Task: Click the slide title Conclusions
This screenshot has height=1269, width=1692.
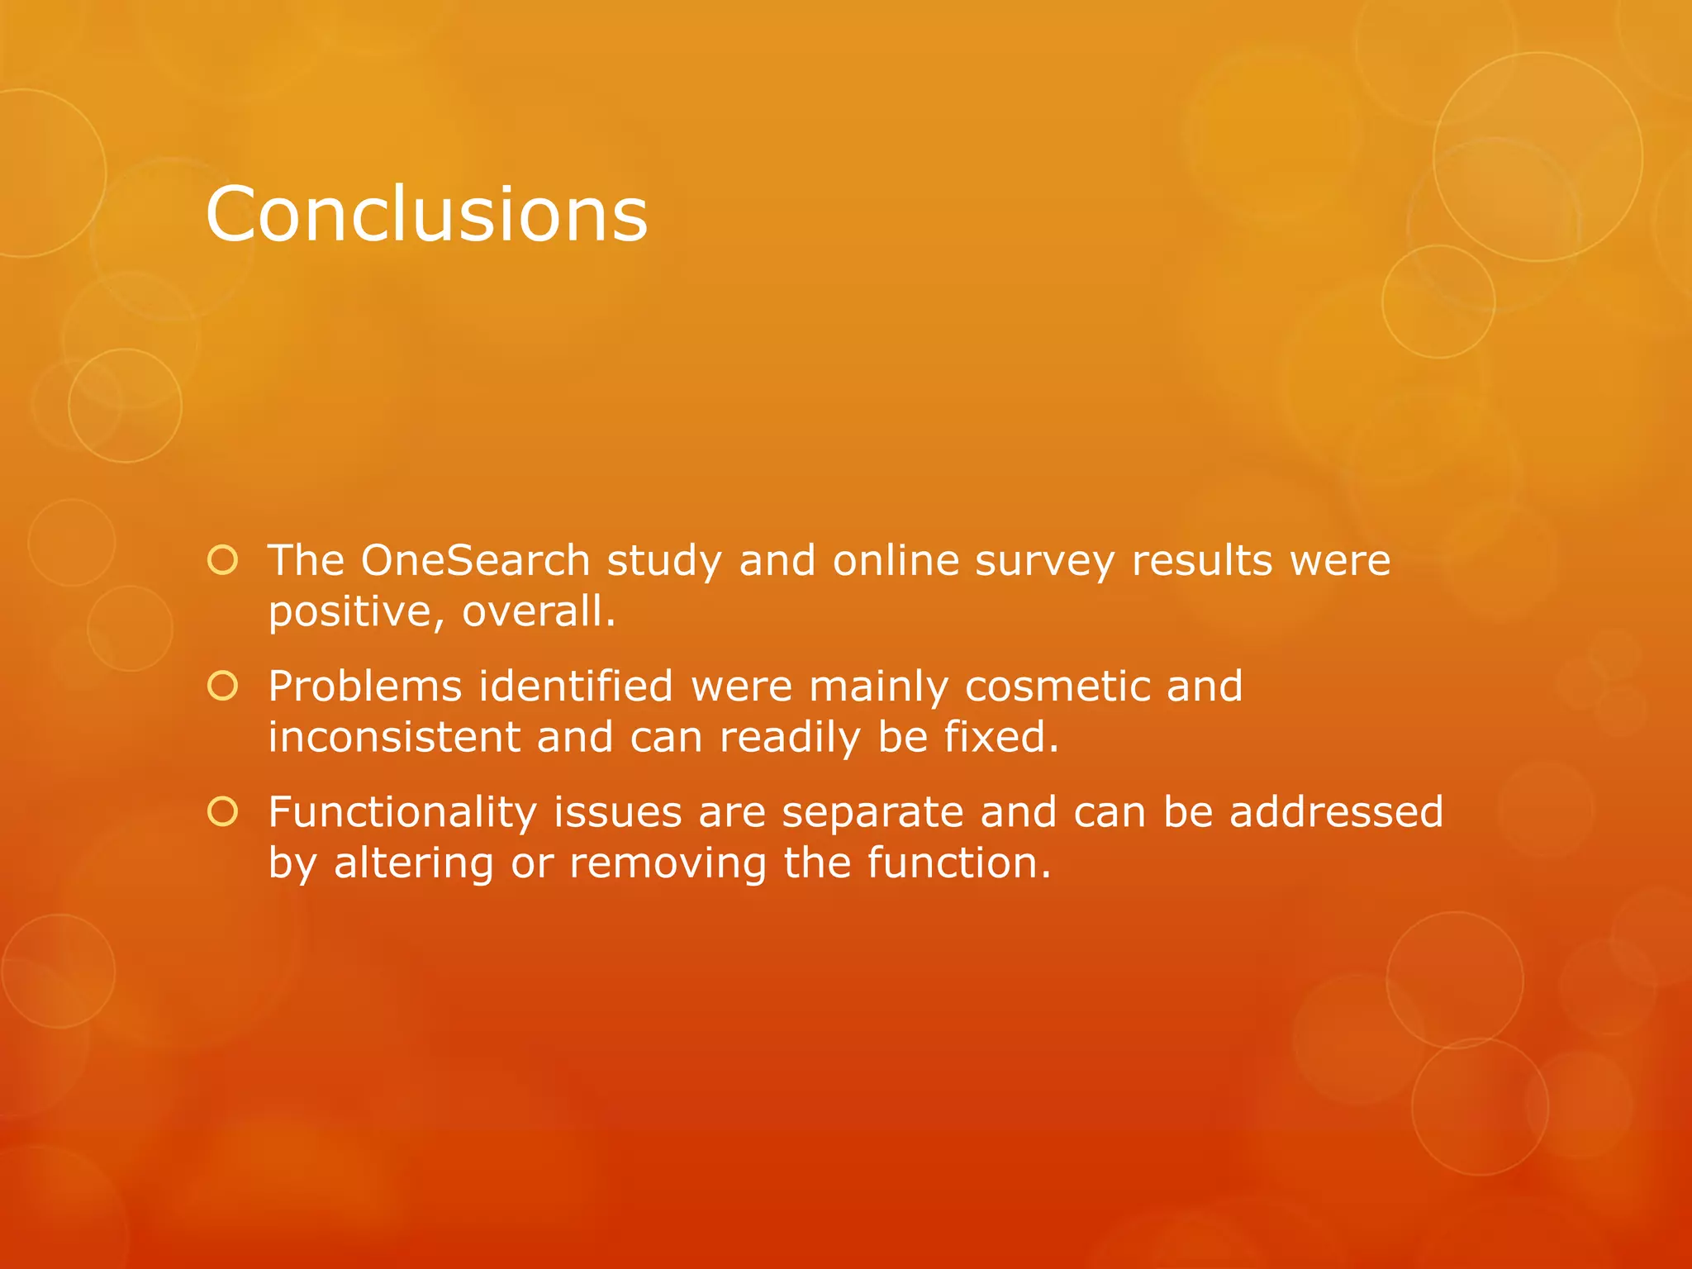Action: click(426, 214)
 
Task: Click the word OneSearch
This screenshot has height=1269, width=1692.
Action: click(475, 561)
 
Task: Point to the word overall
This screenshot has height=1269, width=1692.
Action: click(537, 612)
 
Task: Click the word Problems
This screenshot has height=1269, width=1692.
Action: click(365, 687)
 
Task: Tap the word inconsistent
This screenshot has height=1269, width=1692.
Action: click(394, 737)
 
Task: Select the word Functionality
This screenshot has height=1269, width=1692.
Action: click(402, 813)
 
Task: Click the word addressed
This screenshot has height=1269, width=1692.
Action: click(1336, 812)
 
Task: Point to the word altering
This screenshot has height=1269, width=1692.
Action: click(413, 864)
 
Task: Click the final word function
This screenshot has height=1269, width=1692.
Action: click(958, 863)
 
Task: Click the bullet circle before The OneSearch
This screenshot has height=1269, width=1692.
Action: click(223, 561)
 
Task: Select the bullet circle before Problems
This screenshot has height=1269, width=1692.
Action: click(223, 687)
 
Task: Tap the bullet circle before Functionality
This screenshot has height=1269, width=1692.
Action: click(223, 812)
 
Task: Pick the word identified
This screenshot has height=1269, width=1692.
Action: click(577, 687)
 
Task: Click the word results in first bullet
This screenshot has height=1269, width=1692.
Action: click(1201, 561)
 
